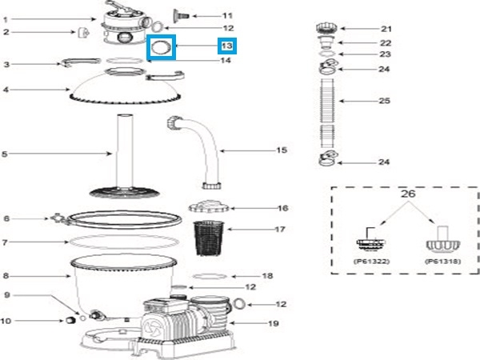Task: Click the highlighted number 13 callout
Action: [x=228, y=46]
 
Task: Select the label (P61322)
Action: [x=369, y=260]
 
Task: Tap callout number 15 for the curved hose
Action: [x=258, y=150]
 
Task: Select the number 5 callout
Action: [x=6, y=153]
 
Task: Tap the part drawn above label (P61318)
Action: [x=438, y=242]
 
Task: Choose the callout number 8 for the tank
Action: [x=6, y=274]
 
